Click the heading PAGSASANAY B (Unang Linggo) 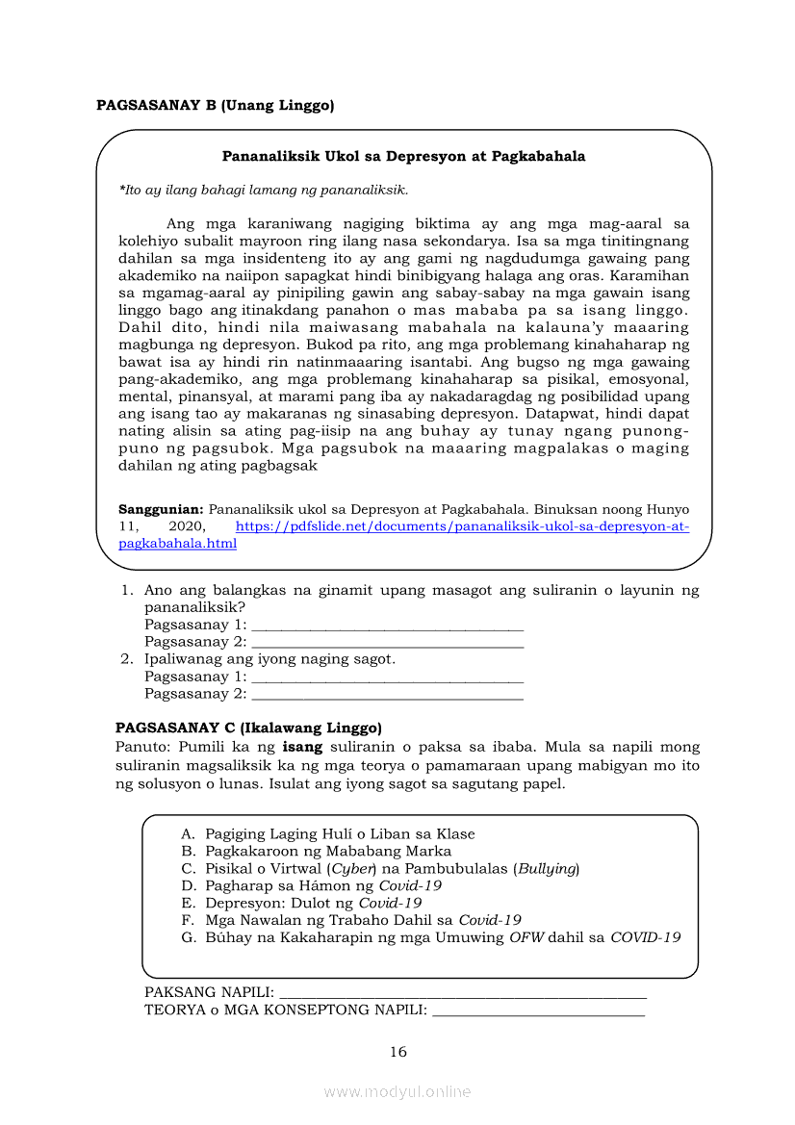point(215,106)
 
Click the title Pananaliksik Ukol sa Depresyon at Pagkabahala point(403,156)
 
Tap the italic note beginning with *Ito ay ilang point(263,190)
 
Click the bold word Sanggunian point(160,508)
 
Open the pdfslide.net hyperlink point(462,526)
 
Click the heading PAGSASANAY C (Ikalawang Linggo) point(248,728)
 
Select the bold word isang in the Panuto point(301,747)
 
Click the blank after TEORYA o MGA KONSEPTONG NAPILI point(539,1011)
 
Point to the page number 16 point(398,1052)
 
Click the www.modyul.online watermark point(397,1091)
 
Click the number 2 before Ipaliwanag point(126,659)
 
